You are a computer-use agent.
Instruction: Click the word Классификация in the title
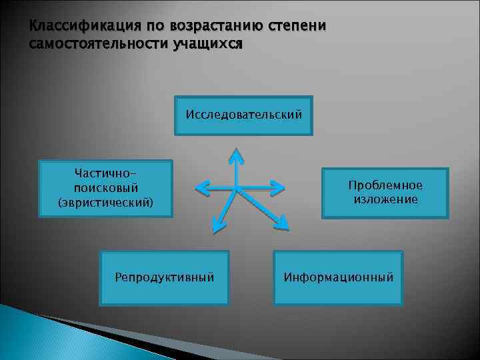pos(75,27)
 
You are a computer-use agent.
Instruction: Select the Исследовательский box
pos(243,115)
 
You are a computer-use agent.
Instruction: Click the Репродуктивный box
pos(164,277)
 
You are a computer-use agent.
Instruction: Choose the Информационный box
pos(338,277)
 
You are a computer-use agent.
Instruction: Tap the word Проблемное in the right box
pos(385,185)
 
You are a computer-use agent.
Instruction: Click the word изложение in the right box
pos(385,199)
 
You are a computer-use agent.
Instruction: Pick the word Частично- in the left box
pos(106,173)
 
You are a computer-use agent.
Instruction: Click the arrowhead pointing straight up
pos(236,155)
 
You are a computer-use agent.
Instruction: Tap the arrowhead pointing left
pos(201,189)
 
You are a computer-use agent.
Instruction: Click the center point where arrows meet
pos(236,189)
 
